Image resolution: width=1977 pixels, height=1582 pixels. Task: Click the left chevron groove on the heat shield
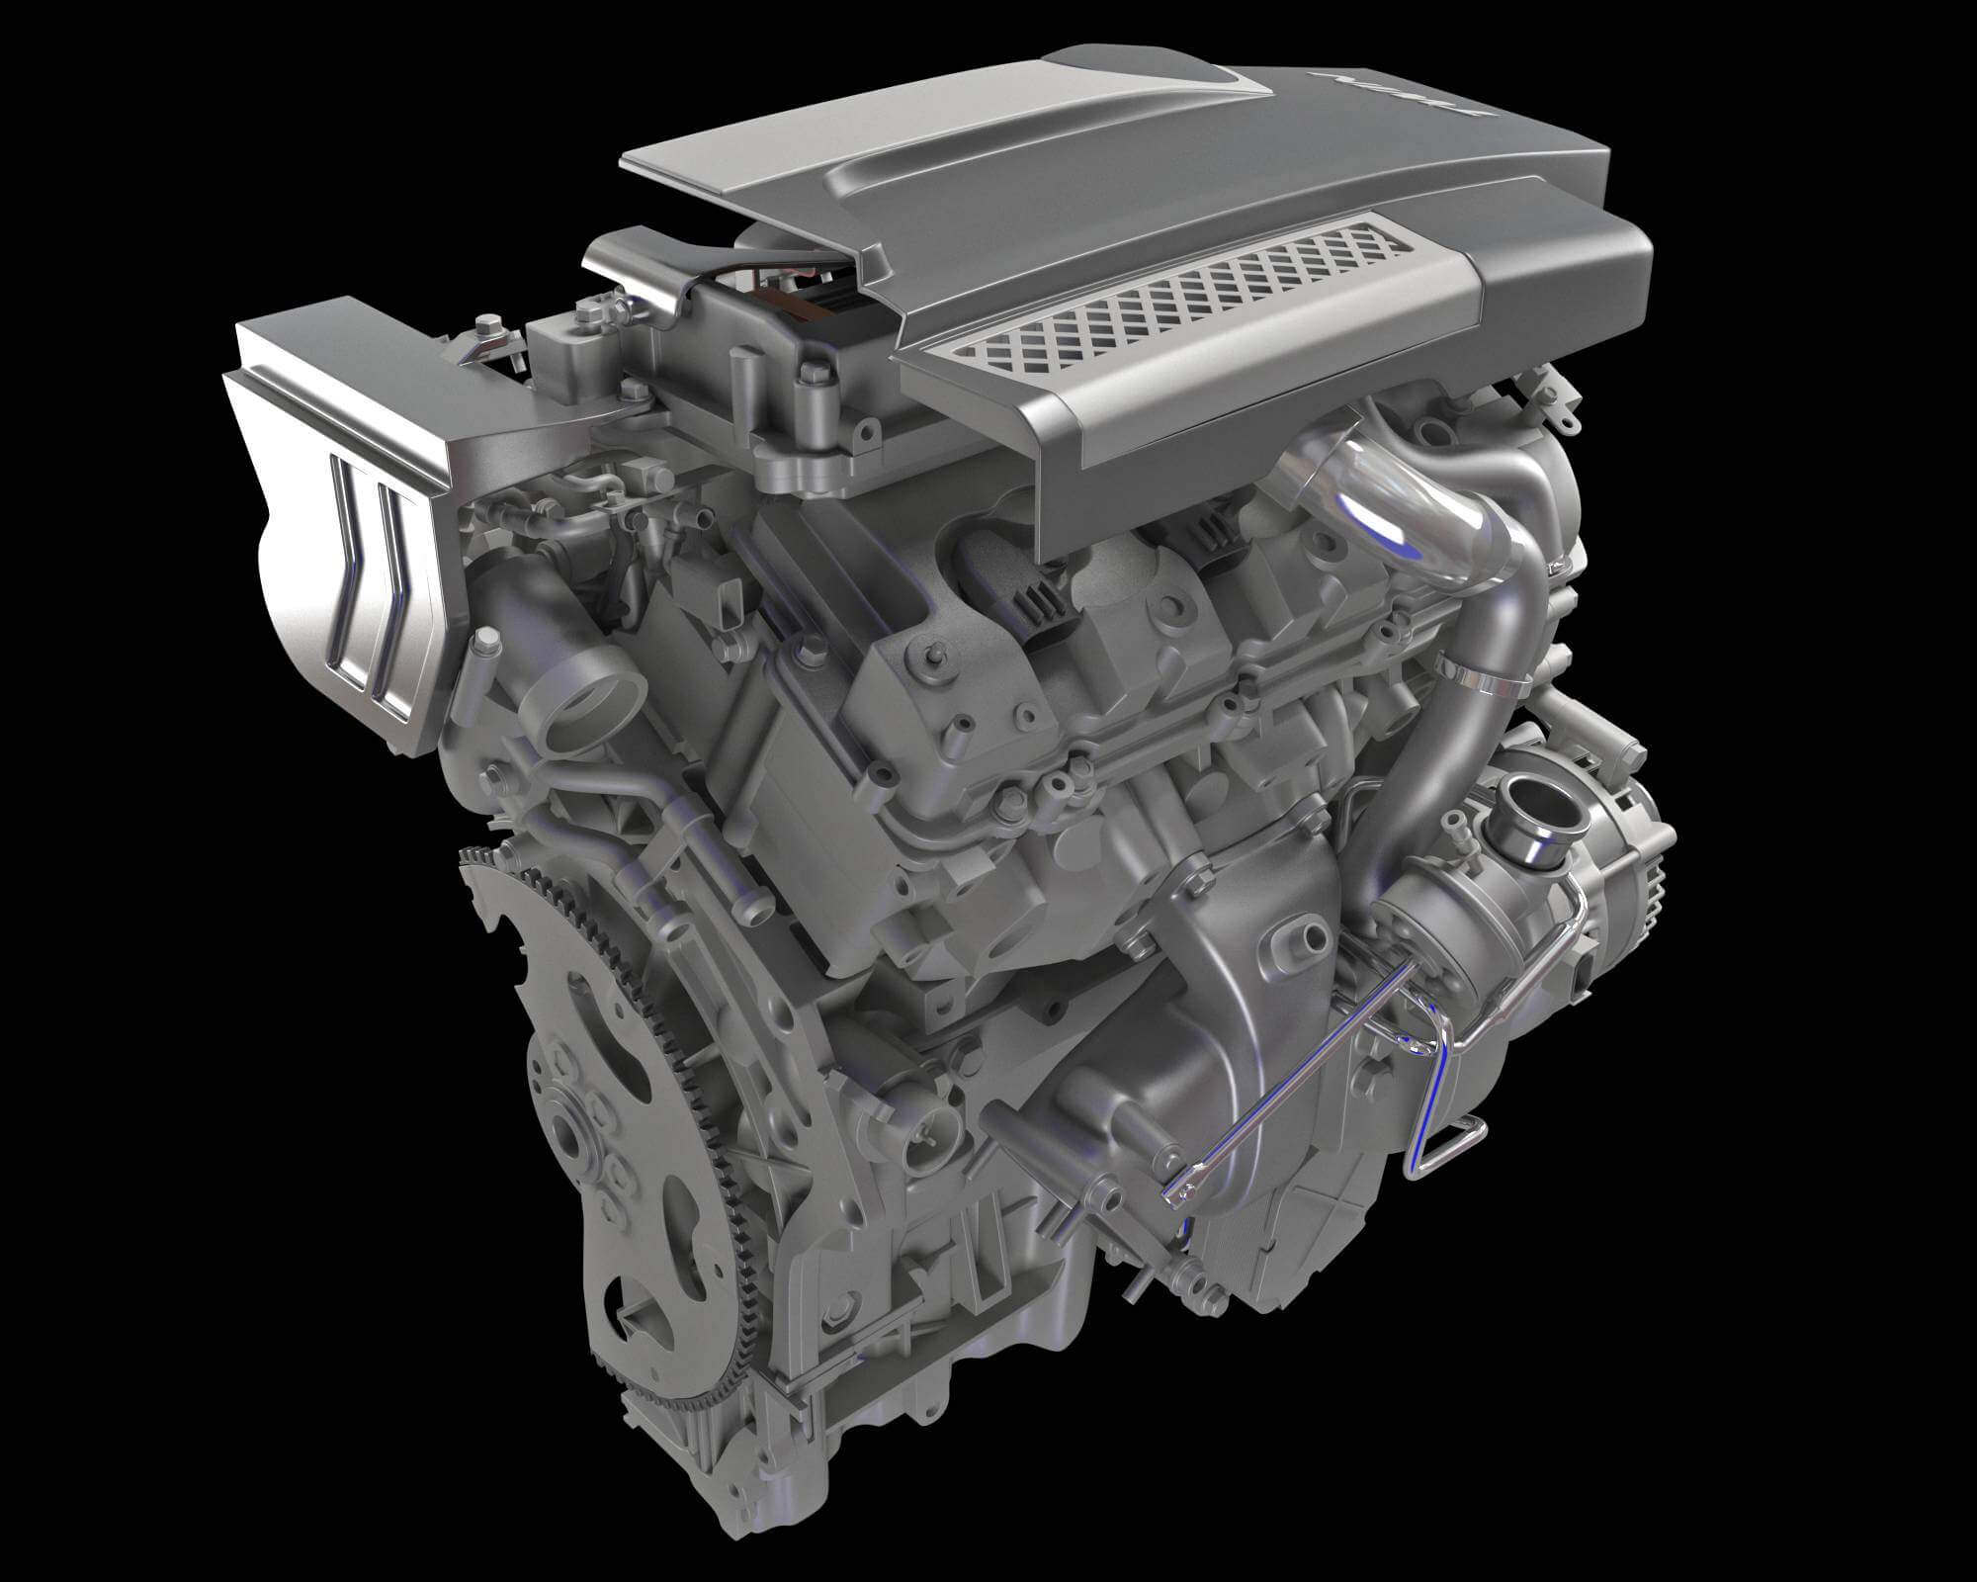click(351, 573)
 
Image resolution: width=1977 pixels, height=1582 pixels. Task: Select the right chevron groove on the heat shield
click(394, 593)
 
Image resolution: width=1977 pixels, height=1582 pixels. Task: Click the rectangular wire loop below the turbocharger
click(1453, 1147)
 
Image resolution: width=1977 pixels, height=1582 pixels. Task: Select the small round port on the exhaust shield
click(1310, 934)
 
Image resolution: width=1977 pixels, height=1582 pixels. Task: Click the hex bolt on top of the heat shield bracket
click(487, 324)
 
